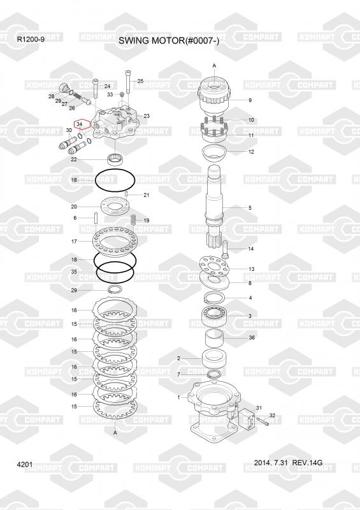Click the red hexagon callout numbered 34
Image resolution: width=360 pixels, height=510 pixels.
coord(80,124)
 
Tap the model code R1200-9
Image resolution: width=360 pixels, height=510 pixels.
coord(31,40)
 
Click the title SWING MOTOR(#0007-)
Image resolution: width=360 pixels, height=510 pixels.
coord(169,41)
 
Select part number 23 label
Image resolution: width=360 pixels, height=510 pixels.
coord(147,116)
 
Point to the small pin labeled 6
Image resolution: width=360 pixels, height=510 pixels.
coord(96,218)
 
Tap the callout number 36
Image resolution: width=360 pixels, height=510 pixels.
coord(252,338)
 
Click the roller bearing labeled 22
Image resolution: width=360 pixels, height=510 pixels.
coord(115,159)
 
